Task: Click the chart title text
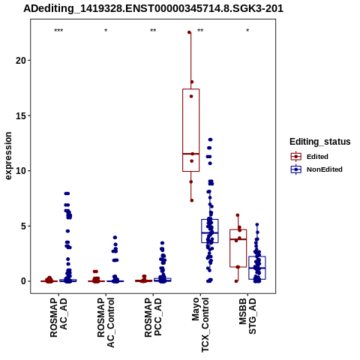[x=153, y=9]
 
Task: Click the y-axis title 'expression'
[x=8, y=156]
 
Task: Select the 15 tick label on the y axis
[x=21, y=115]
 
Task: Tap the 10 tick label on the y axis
[x=21, y=171]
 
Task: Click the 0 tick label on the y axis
[x=23, y=281]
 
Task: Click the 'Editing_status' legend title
[x=320, y=142]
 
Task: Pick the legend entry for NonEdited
[x=316, y=169]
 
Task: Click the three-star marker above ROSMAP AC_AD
[x=58, y=31]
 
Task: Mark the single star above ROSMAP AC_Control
[x=106, y=31]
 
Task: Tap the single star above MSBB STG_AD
[x=247, y=31]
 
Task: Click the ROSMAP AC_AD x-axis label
[x=58, y=317]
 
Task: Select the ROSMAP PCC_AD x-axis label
[x=153, y=317]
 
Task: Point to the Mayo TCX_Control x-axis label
[x=200, y=325]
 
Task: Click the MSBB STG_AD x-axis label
[x=247, y=316]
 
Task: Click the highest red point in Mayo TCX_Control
[x=189, y=32]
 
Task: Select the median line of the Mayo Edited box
[x=191, y=154]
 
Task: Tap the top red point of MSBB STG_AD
[x=238, y=215]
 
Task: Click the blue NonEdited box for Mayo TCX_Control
[x=210, y=220]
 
